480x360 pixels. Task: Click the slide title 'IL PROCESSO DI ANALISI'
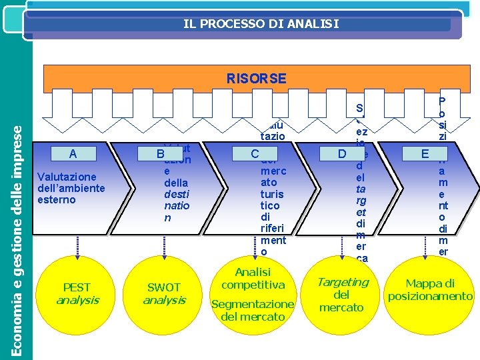click(261, 25)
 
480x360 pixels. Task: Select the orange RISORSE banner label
click(256, 79)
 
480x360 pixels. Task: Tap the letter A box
click(73, 155)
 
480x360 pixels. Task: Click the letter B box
click(160, 155)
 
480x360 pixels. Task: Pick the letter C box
click(255, 155)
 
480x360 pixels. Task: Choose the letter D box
click(342, 155)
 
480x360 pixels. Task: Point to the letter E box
click(425, 155)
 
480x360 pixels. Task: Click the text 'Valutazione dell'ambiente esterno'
click(71, 188)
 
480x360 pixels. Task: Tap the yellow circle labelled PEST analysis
click(77, 294)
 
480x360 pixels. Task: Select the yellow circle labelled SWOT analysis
click(163, 294)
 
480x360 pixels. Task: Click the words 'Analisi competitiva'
click(253, 278)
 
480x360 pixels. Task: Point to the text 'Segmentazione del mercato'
click(253, 310)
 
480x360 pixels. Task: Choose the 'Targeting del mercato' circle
click(342, 294)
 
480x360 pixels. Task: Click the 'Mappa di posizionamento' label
click(430, 289)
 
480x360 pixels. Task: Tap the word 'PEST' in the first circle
click(77, 287)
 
